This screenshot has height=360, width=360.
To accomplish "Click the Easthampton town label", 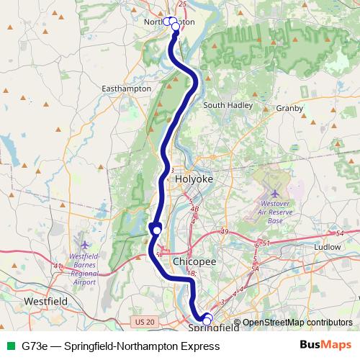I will [x=127, y=88].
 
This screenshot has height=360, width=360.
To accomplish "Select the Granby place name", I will [x=290, y=108].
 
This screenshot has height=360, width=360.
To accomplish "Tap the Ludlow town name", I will [x=328, y=246].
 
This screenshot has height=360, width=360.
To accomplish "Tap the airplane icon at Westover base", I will [x=274, y=194].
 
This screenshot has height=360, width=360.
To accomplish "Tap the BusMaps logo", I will [x=325, y=346].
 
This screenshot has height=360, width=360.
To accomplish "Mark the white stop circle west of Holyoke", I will [x=157, y=229].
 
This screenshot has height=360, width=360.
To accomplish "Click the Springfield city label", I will [x=214, y=328].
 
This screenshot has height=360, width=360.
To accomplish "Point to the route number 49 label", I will [x=225, y=231].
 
